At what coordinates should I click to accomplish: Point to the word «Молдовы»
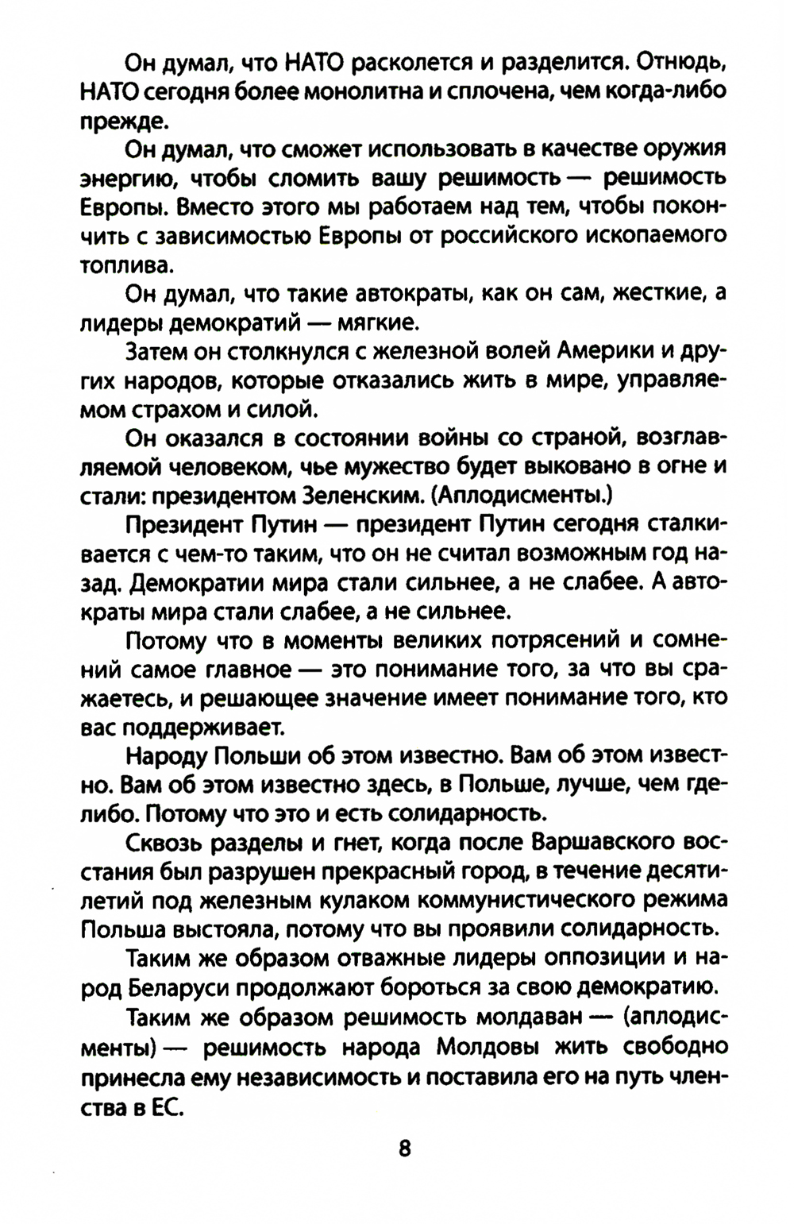488,1046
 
